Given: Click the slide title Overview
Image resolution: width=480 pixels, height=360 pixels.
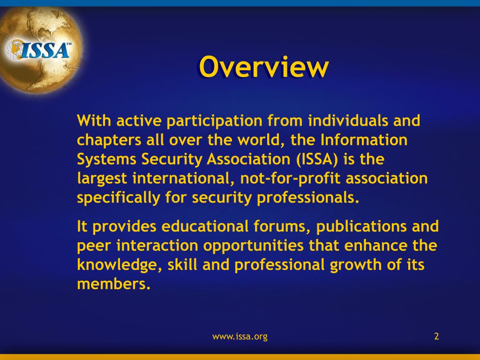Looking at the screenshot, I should coord(263,67).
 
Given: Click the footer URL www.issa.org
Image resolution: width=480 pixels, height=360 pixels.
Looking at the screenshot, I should coord(240,336).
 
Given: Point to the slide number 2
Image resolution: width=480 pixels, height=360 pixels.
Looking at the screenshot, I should coord(436,336).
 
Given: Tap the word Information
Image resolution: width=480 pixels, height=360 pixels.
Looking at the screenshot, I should coord(364,140).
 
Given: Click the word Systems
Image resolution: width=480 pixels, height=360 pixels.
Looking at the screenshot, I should coord(106,160).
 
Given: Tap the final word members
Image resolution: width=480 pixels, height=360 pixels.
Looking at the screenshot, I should coord(113,284).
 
